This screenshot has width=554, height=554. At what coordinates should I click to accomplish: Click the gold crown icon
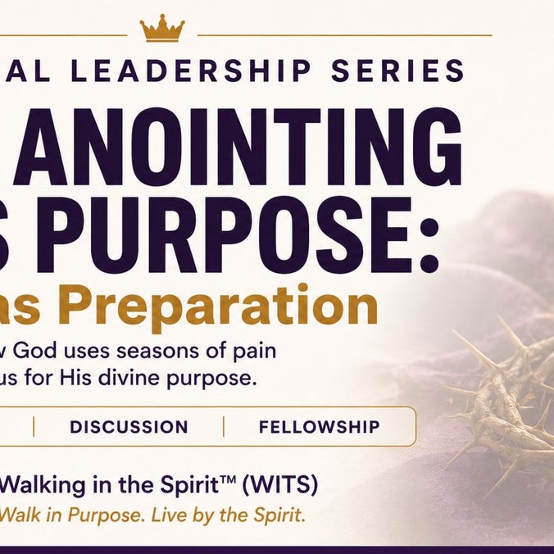coord(162,28)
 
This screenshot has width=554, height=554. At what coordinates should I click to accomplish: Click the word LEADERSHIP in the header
coord(191,70)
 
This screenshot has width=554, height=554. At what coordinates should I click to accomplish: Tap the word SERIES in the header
coord(397,70)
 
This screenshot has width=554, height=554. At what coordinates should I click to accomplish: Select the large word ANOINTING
coord(238,147)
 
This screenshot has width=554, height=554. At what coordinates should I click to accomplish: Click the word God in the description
coord(35,352)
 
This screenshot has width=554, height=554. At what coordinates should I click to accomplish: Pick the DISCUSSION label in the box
coord(129,427)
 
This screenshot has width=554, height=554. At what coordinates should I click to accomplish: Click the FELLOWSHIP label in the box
coord(320,427)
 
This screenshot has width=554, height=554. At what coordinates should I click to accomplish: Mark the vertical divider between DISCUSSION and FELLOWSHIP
coord(224,427)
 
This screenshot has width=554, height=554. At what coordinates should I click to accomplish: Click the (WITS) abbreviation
coord(279,485)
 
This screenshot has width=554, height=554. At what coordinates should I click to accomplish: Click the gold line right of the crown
coord(345,35)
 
